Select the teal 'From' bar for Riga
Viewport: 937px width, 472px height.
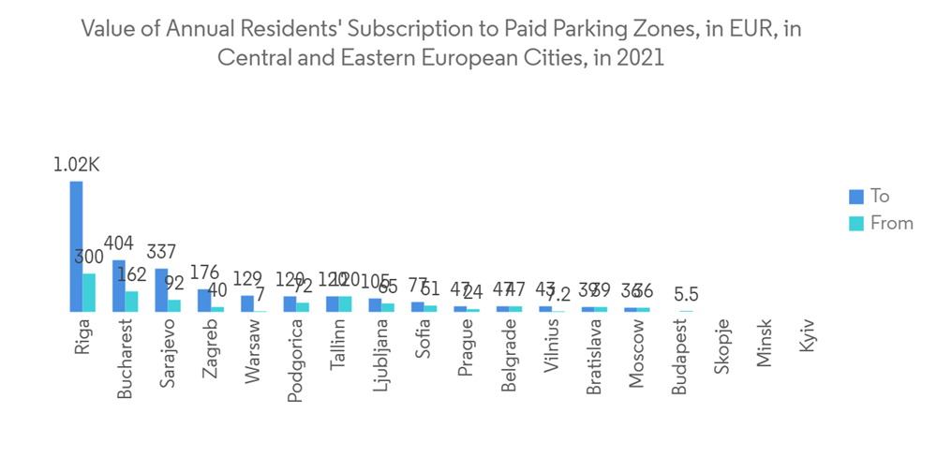[89, 292]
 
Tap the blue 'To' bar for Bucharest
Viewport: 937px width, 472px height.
[119, 286]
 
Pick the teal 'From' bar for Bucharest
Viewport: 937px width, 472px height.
[132, 301]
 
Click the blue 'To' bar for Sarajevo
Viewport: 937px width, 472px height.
[161, 289]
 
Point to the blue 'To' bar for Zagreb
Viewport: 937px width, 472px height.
[203, 300]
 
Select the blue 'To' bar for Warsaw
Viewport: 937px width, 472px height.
[246, 303]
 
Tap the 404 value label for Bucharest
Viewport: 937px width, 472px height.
[119, 243]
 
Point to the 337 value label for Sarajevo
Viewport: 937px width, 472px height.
[161, 252]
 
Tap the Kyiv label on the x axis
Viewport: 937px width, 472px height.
[808, 336]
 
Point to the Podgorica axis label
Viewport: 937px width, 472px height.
[296, 361]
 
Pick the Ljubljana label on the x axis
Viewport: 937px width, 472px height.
[381, 358]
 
